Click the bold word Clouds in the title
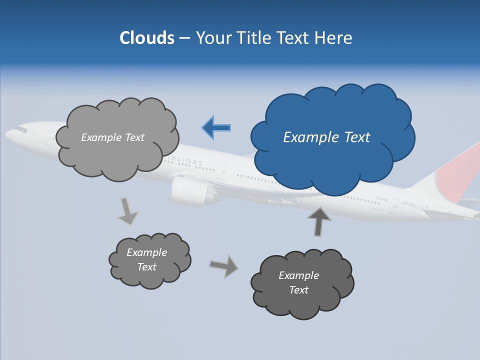point(147,38)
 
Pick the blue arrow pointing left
point(216,127)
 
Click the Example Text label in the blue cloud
point(326,137)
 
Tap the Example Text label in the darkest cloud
point(298,282)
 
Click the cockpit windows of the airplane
point(20,129)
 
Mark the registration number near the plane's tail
point(408,203)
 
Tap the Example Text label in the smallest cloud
point(146,259)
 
